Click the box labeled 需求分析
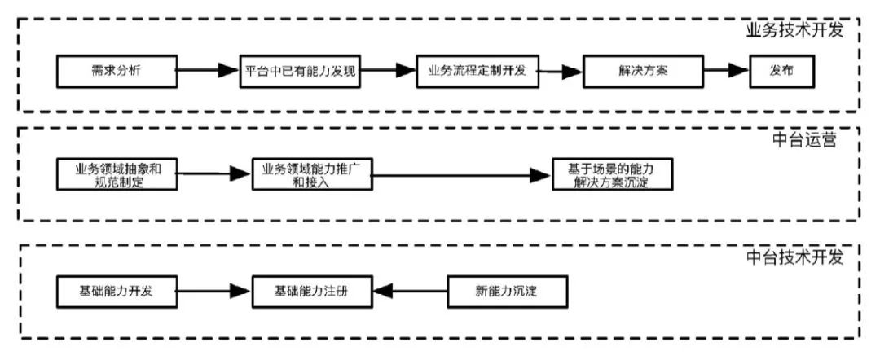pyautogui.click(x=117, y=71)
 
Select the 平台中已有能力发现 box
pyautogui.click(x=300, y=71)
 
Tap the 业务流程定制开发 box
pyautogui.click(x=477, y=71)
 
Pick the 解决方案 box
pyautogui.click(x=643, y=71)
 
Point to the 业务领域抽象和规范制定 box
pyautogui.click(x=117, y=175)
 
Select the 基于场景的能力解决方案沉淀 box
pyautogui.click(x=611, y=175)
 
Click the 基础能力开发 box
pyautogui.click(x=117, y=291)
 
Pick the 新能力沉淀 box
pyautogui.click(x=507, y=291)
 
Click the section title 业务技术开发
pyautogui.click(x=794, y=30)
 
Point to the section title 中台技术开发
pyautogui.click(x=794, y=257)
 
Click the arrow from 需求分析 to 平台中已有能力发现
pyautogui.click(x=209, y=70)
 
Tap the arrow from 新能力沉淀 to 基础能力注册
pyautogui.click(x=410, y=291)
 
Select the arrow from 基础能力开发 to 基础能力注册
pyautogui.click(x=214, y=291)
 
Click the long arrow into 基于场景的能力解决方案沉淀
pyautogui.click(x=462, y=175)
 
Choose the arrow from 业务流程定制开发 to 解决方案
pyautogui.click(x=560, y=71)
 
